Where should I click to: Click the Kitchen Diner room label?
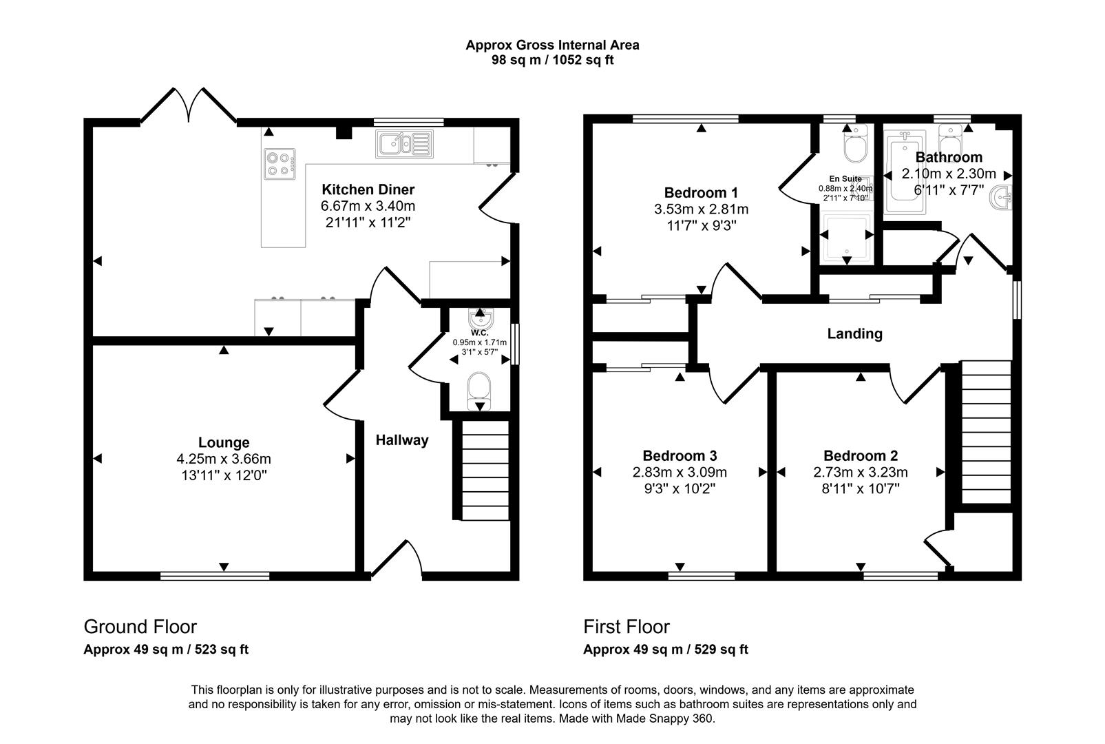(x=368, y=189)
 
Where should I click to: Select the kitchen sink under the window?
(x=403, y=144)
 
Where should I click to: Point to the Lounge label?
(x=224, y=442)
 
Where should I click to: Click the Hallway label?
(x=402, y=440)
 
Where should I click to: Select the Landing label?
(x=854, y=334)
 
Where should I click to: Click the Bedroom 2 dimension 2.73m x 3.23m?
(x=861, y=473)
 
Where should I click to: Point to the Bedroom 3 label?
(x=680, y=455)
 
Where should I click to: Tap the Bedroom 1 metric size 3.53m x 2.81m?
(x=701, y=209)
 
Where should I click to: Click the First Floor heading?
(x=626, y=627)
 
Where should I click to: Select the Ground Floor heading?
(x=140, y=627)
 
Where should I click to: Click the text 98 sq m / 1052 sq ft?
(x=552, y=61)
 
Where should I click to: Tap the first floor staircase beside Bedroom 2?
(x=985, y=433)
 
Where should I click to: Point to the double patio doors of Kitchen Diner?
(x=188, y=106)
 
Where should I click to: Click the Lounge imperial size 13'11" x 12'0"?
(x=224, y=475)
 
